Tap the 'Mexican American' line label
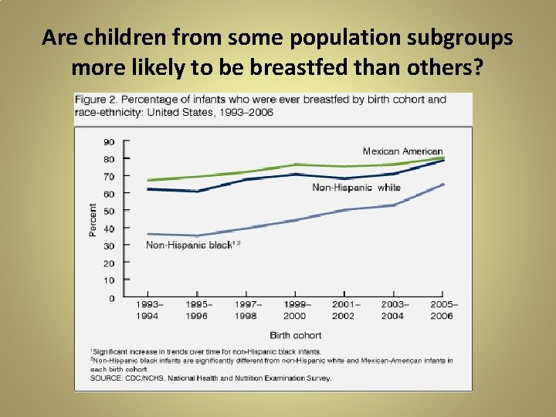click(402, 151)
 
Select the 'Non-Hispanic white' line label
click(356, 188)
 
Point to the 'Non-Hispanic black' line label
click(188, 245)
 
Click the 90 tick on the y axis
click(109, 142)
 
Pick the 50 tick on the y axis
click(109, 212)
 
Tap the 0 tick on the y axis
click(111, 298)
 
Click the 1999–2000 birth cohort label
click(293, 310)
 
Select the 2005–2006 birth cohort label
click(442, 310)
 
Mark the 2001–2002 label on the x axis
click(343, 310)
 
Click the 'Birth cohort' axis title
click(296, 335)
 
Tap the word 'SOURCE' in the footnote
click(105, 378)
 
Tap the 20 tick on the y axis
click(109, 263)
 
